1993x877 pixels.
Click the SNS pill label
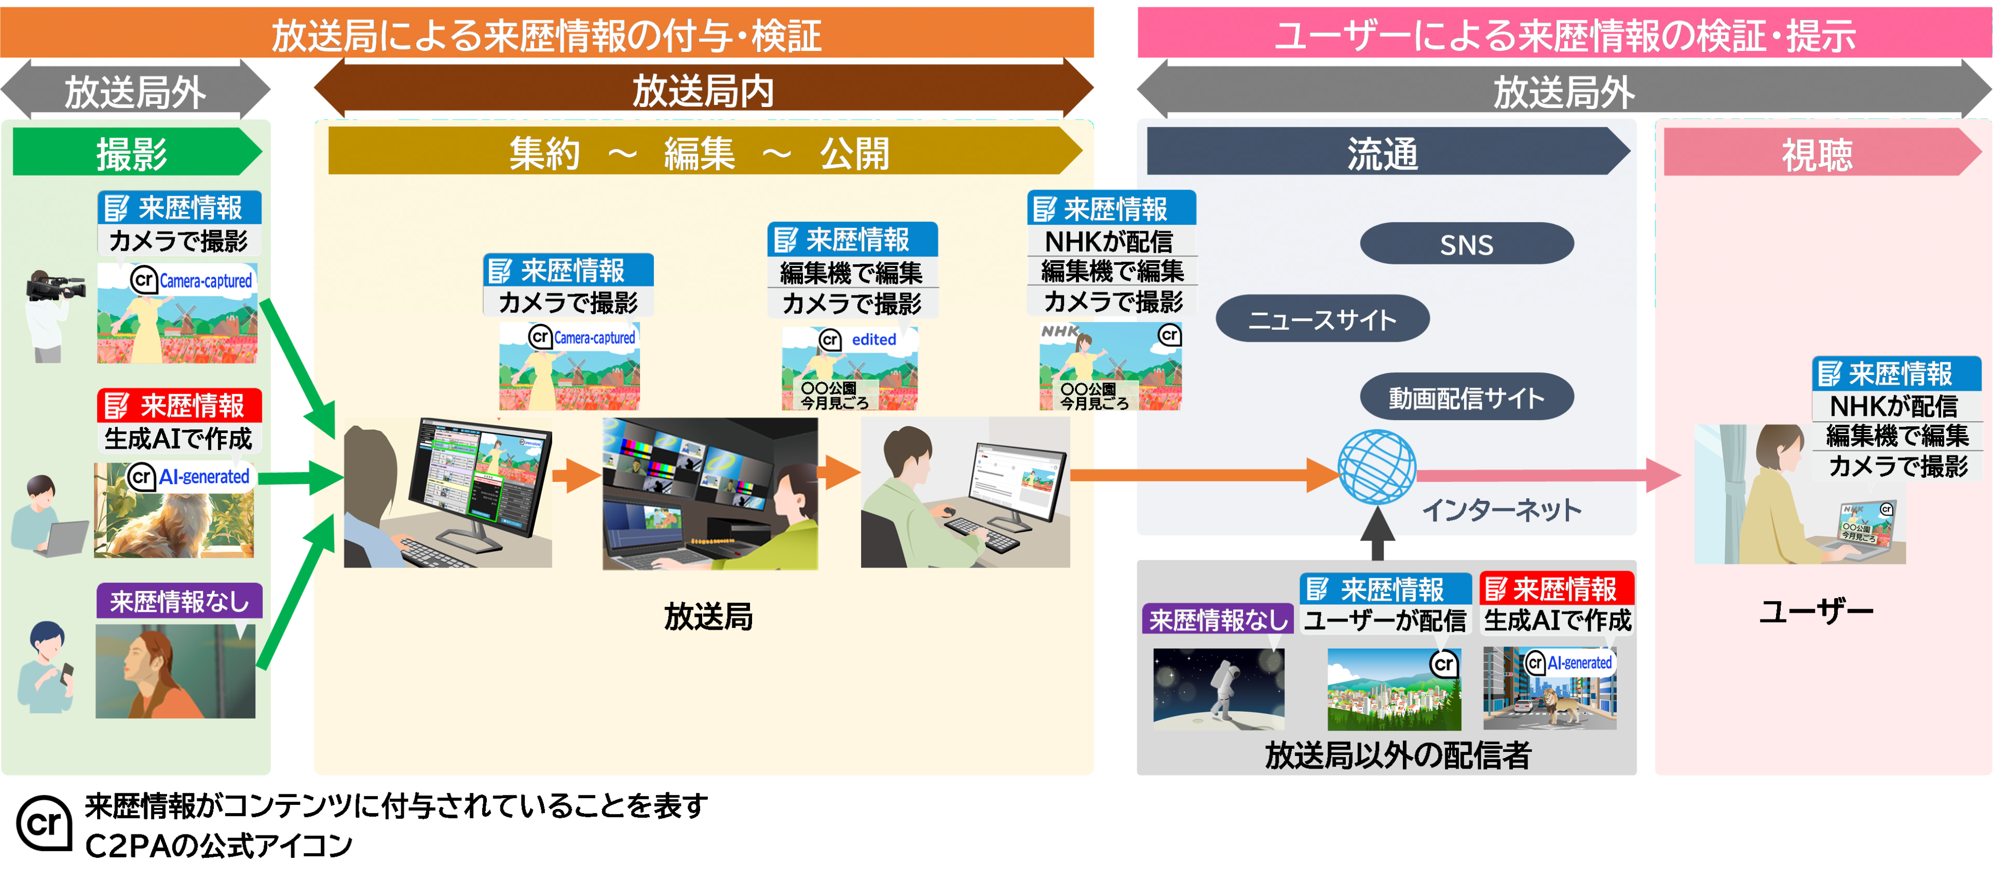pyautogui.click(x=1466, y=245)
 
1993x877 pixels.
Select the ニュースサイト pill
pyautogui.click(x=1322, y=319)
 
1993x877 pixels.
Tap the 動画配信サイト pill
pyautogui.click(x=1466, y=398)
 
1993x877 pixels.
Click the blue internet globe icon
pyautogui.click(x=1377, y=467)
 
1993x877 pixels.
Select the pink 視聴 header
pyautogui.click(x=1818, y=153)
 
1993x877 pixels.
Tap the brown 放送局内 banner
pyautogui.click(x=703, y=90)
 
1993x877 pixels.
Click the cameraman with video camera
pyautogui.click(x=50, y=314)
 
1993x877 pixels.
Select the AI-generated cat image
pyautogui.click(x=174, y=515)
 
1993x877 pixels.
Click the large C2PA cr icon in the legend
pyautogui.click(x=44, y=823)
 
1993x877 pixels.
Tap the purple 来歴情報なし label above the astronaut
pyautogui.click(x=1218, y=619)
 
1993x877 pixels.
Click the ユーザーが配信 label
pyautogui.click(x=1385, y=620)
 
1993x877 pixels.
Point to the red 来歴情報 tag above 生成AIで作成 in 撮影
pyautogui.click(x=180, y=406)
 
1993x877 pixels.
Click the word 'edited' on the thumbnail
pyautogui.click(x=873, y=339)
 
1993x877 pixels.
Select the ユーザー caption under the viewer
pyautogui.click(x=1816, y=612)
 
